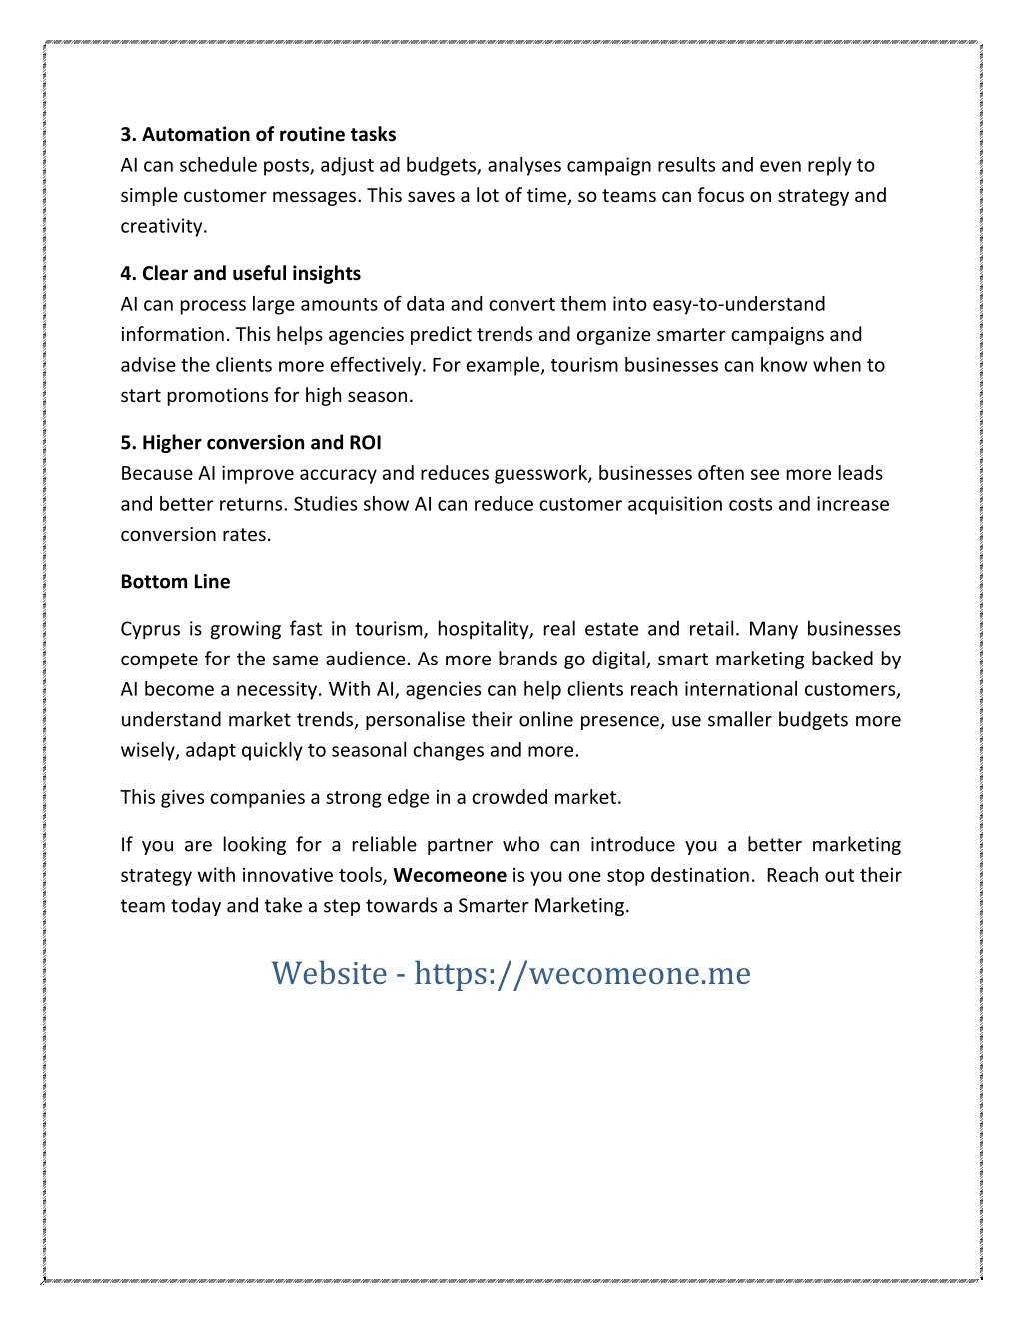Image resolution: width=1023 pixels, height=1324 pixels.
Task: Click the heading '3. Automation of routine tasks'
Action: tap(258, 135)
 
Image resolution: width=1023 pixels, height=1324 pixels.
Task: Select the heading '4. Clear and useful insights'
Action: tap(240, 274)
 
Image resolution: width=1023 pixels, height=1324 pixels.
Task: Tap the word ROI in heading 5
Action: tap(365, 443)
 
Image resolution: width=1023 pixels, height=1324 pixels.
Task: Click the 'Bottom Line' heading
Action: tap(175, 582)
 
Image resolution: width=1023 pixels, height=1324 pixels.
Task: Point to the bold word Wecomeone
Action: tap(450, 876)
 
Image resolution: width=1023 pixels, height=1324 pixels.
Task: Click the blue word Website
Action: tap(329, 973)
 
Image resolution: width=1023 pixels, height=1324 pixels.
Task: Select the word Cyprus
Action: tap(149, 629)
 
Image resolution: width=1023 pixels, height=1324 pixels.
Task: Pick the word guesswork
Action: tap(539, 474)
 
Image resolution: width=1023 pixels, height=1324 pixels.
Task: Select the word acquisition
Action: tap(679, 504)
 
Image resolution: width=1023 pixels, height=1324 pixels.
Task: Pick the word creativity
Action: tap(163, 227)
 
